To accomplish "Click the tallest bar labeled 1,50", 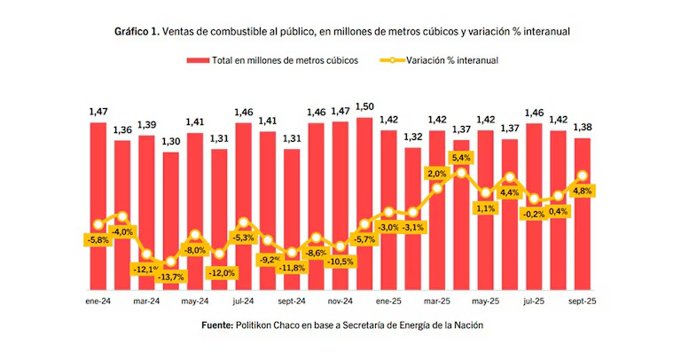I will click(364, 203).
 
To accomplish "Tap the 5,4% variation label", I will click(461, 158).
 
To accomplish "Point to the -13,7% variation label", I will click(170, 278).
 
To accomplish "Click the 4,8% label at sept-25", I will click(583, 191).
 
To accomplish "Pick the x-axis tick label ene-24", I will click(98, 301).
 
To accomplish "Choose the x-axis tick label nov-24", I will click(340, 301).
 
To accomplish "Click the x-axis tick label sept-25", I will click(583, 301).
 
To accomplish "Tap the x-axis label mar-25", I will click(437, 301).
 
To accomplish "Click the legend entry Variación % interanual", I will click(451, 60).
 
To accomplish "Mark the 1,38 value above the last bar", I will click(583, 127).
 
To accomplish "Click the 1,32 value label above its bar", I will click(412, 136).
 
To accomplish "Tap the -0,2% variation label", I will click(534, 214).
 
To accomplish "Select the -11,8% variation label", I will click(292, 268).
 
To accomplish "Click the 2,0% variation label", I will click(436, 174).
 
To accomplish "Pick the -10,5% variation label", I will click(340, 261).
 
